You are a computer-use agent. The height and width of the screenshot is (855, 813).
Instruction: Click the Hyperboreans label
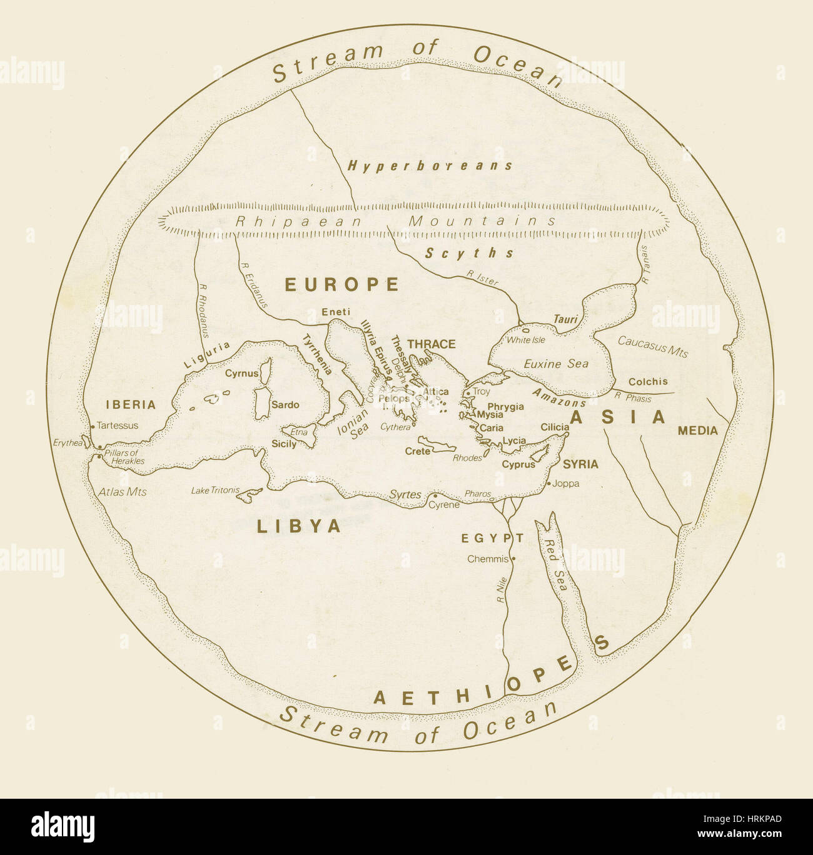(x=430, y=166)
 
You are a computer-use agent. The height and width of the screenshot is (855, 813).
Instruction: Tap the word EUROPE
(x=341, y=285)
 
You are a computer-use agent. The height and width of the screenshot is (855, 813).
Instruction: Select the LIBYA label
(x=299, y=526)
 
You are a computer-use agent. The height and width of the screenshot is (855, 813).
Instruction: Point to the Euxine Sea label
(x=556, y=364)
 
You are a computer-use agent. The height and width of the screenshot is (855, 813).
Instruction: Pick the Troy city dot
(x=467, y=393)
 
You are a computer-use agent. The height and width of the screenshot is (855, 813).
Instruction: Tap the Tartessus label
(x=118, y=426)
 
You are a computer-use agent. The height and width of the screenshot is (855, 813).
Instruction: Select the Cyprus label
(x=518, y=464)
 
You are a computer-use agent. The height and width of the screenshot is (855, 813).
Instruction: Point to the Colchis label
(x=647, y=381)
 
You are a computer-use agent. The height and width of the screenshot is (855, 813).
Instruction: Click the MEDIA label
(x=697, y=431)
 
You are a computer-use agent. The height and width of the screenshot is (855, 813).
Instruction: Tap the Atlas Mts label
(x=123, y=492)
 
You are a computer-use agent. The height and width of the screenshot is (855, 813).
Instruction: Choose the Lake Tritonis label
(x=215, y=491)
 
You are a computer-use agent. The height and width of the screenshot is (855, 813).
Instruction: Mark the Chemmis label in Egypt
(x=488, y=559)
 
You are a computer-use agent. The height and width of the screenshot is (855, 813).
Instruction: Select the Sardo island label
(x=285, y=405)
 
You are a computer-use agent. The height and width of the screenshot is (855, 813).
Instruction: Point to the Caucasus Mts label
(x=652, y=346)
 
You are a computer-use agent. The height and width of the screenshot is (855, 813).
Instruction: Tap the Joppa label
(x=566, y=484)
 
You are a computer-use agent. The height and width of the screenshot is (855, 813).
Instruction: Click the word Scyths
(x=470, y=253)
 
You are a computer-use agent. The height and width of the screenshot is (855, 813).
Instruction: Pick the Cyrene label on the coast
(x=443, y=505)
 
